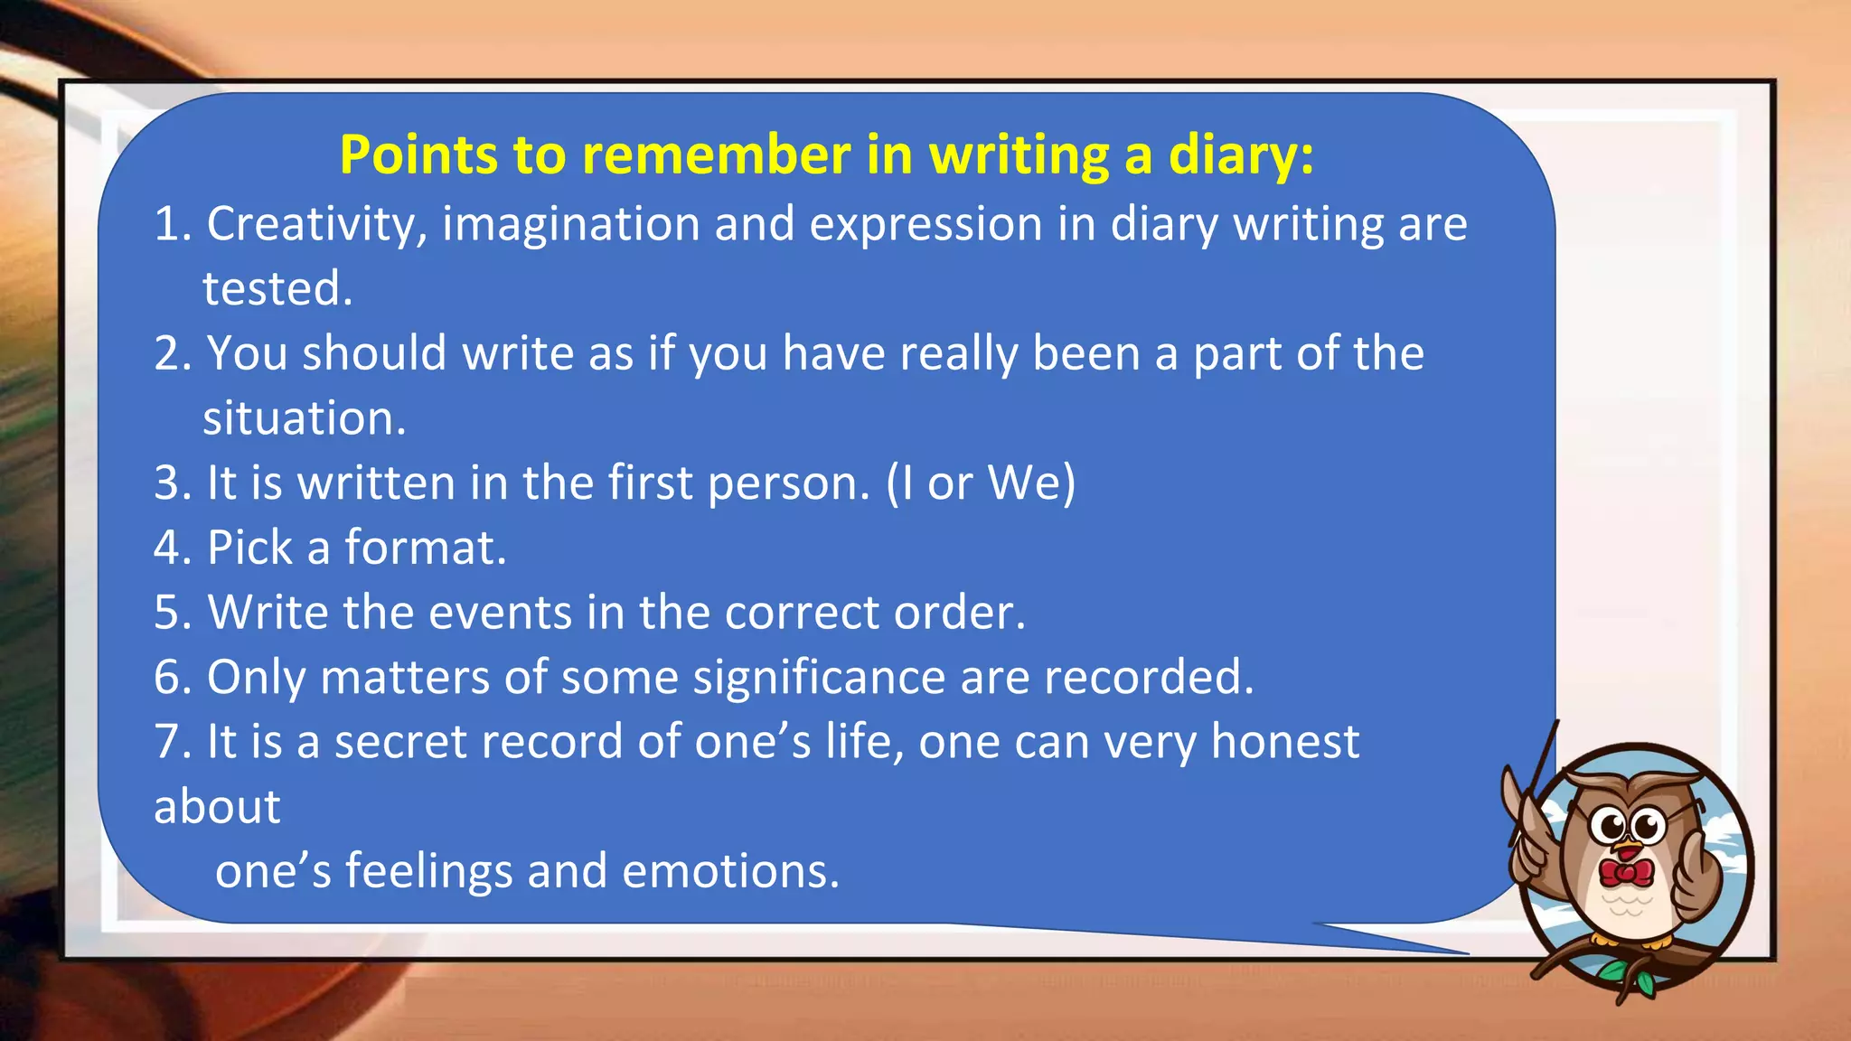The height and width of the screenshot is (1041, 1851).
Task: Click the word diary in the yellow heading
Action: click(x=1238, y=155)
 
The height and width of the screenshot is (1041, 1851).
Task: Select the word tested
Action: click(x=277, y=289)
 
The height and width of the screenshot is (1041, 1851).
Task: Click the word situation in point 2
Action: click(x=304, y=418)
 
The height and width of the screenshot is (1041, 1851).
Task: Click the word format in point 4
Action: click(x=425, y=548)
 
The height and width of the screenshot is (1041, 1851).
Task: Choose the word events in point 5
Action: click(x=500, y=613)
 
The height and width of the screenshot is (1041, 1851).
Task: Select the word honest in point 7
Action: click(x=1284, y=742)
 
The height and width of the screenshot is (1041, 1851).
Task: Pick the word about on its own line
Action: click(x=217, y=806)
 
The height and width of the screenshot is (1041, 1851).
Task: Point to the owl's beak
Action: click(x=1628, y=849)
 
